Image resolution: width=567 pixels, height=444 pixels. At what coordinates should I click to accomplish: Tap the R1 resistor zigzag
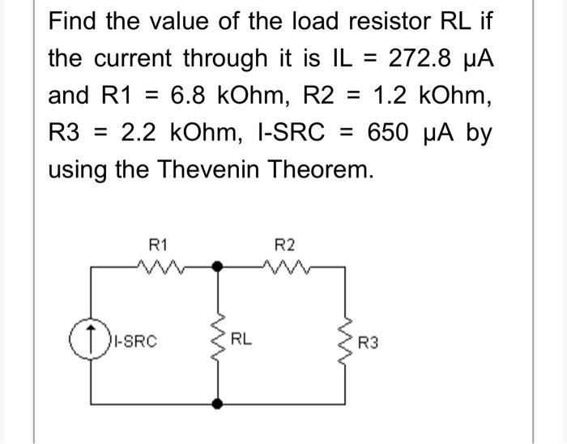tap(161, 267)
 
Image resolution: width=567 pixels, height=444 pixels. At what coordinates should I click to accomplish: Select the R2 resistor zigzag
tap(287, 267)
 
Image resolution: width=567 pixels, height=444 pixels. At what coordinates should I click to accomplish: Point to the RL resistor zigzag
tap(218, 337)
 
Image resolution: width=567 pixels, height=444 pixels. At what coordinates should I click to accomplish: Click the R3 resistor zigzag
tap(344, 342)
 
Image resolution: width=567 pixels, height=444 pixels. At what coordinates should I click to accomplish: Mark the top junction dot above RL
tap(217, 267)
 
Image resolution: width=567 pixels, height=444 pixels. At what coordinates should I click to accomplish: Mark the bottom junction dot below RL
tap(217, 403)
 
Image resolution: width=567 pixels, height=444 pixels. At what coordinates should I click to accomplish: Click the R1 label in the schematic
tap(158, 245)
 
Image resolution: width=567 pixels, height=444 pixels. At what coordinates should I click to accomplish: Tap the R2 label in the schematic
tap(284, 245)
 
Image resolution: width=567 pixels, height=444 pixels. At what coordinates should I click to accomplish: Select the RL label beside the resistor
tap(241, 339)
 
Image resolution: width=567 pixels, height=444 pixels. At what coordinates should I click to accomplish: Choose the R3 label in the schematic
tap(368, 343)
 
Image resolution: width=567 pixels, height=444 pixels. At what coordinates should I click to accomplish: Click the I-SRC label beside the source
tap(135, 341)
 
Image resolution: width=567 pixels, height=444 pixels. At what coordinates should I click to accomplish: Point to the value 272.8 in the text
tap(420, 58)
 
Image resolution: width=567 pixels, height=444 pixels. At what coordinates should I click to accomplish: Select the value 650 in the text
tap(388, 132)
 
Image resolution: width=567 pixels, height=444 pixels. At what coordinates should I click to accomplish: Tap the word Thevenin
tap(208, 169)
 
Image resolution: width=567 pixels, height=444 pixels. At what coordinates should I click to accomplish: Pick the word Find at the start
tap(72, 21)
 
